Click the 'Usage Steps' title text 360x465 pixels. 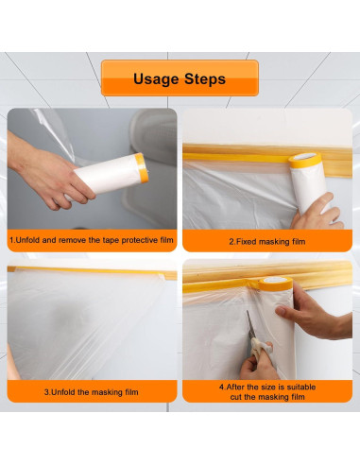pos(179,78)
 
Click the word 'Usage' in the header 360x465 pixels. pos(154,78)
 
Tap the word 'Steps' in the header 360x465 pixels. pos(205,78)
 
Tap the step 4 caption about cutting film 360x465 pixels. pos(266,391)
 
